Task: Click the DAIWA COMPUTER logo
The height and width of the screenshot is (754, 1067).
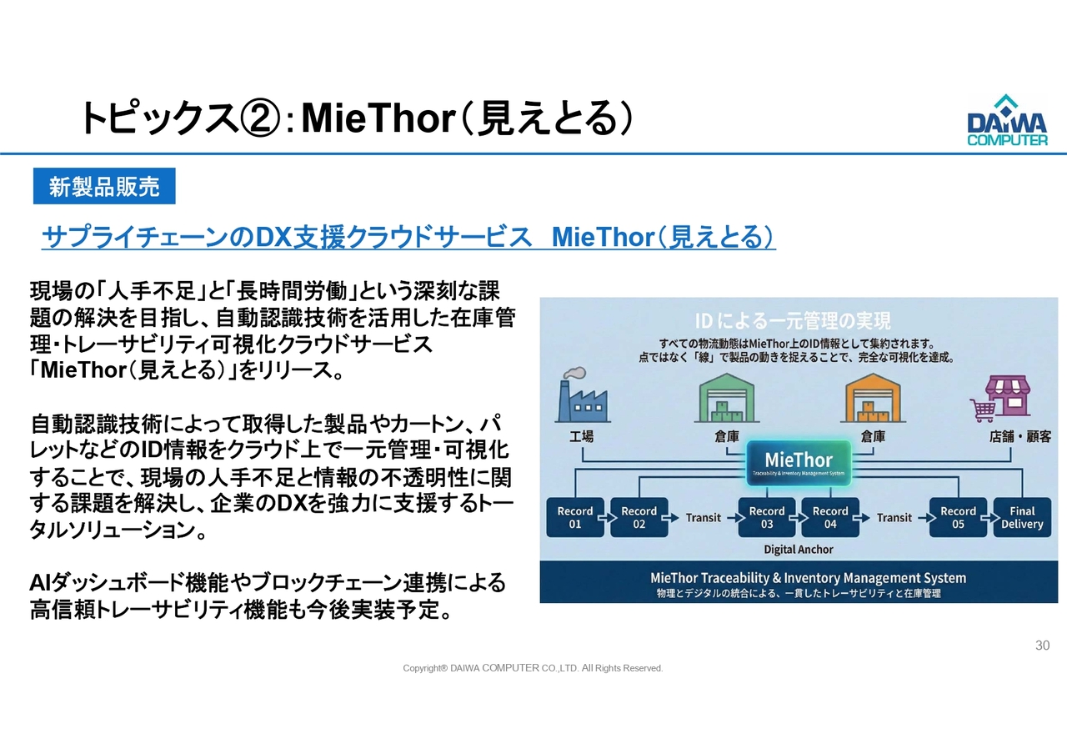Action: [x=1008, y=120]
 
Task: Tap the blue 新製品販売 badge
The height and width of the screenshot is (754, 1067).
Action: [x=104, y=186]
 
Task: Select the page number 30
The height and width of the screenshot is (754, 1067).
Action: [x=1042, y=646]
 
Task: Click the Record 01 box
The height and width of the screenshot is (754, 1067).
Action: [x=575, y=518]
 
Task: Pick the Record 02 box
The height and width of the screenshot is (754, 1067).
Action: [x=639, y=518]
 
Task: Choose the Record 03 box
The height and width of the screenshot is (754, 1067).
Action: [x=766, y=518]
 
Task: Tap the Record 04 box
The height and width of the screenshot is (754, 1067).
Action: [x=830, y=518]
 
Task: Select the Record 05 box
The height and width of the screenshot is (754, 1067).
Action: [x=958, y=518]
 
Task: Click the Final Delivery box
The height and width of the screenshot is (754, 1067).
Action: [x=1022, y=518]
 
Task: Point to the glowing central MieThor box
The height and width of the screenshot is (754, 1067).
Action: [x=799, y=463]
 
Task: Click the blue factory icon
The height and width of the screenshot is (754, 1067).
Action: [x=582, y=395]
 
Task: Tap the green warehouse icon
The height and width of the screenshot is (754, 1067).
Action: [x=727, y=398]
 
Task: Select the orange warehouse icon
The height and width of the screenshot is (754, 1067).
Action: [x=873, y=398]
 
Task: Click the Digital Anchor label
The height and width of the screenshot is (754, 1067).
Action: [x=799, y=550]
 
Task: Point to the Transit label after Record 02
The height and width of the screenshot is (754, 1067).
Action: [x=703, y=518]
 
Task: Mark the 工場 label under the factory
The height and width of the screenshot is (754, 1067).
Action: [x=582, y=436]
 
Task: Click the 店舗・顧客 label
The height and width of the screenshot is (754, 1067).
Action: [x=1020, y=436]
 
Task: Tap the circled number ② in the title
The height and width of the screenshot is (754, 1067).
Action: [x=259, y=118]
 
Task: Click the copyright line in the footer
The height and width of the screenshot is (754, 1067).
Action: [x=533, y=668]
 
